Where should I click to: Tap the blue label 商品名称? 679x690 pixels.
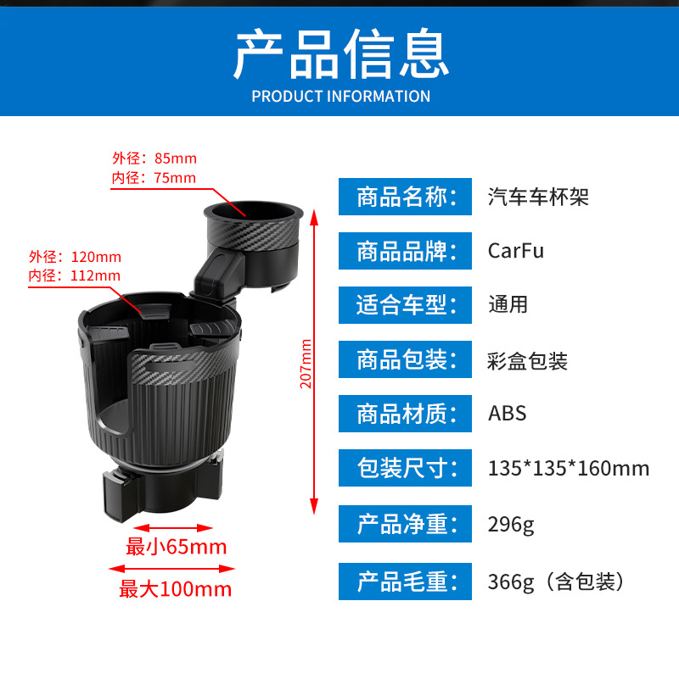[x=405, y=198]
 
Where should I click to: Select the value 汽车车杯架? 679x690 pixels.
[x=538, y=198]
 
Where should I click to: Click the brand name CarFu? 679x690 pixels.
[x=516, y=251]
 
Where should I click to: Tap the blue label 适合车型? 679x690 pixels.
[x=405, y=305]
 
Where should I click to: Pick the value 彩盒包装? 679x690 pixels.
[x=528, y=361]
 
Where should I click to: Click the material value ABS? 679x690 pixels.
[x=508, y=414]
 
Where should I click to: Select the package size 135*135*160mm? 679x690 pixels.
[x=569, y=468]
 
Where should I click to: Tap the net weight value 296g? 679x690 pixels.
[x=511, y=524]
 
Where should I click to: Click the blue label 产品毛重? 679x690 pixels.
[x=405, y=581]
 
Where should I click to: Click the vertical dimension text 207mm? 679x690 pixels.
[x=306, y=363]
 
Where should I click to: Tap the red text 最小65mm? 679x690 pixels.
[x=177, y=547]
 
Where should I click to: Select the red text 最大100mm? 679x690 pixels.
[x=176, y=589]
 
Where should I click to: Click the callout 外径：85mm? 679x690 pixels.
[x=154, y=159]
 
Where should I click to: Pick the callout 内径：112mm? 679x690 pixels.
[x=75, y=275]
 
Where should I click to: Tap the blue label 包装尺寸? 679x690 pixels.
[x=405, y=468]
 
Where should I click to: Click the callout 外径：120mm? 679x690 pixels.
[x=76, y=257]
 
